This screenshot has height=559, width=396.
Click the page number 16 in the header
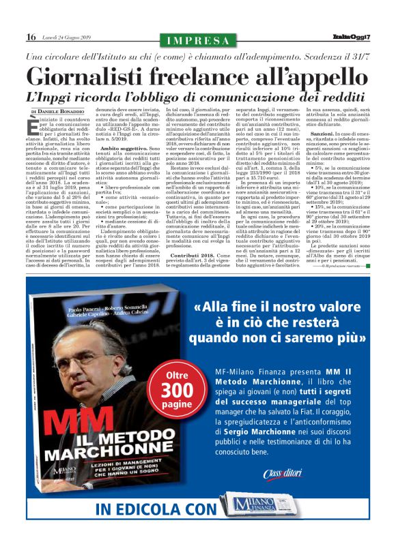click(31, 36)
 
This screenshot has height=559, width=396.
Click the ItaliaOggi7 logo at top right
click(352, 36)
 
